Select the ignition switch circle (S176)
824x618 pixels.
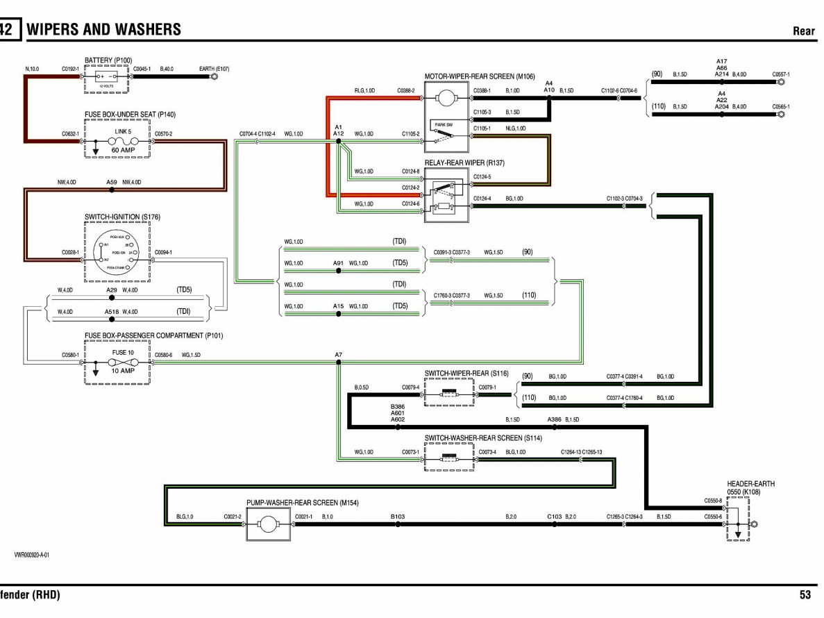pos(114,253)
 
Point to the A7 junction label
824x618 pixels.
pos(338,356)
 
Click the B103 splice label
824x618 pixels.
pos(397,516)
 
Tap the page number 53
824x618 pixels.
pos(805,594)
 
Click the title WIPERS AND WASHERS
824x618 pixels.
pos(103,29)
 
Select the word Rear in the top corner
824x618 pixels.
pos(804,31)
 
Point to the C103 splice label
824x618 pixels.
pos(554,516)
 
